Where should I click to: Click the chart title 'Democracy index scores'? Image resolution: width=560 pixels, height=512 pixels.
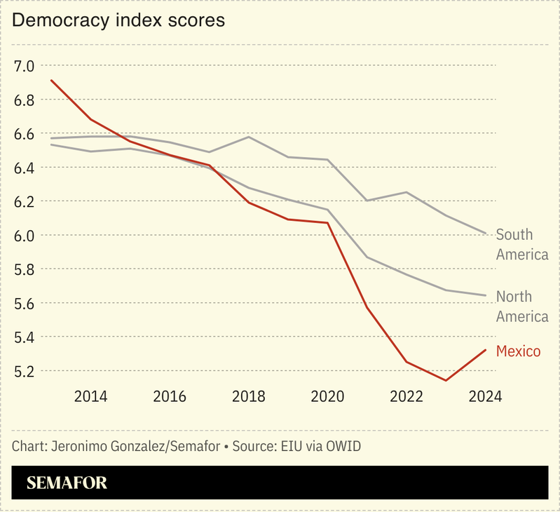click(118, 20)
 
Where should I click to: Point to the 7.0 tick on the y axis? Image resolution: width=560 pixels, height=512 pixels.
click(24, 67)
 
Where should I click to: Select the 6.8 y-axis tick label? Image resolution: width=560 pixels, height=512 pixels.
click(24, 100)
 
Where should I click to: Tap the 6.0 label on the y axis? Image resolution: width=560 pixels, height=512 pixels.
click(24, 236)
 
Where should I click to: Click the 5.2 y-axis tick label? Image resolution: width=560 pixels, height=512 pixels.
click(24, 371)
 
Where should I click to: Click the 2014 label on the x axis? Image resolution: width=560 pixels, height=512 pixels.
click(90, 396)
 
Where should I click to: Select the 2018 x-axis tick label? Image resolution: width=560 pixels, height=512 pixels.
click(249, 396)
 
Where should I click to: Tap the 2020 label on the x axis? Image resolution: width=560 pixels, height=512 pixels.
click(327, 396)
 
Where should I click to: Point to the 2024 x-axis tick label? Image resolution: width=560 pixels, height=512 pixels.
click(485, 396)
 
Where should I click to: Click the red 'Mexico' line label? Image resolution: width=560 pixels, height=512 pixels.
click(519, 351)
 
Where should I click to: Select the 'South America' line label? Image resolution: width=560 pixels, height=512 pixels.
click(521, 244)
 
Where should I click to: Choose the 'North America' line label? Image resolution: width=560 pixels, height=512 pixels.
click(521, 306)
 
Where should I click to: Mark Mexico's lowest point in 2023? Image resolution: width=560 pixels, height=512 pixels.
click(446, 381)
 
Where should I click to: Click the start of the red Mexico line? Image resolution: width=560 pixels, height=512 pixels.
click(51, 80)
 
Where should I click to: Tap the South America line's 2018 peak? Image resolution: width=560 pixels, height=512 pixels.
click(249, 137)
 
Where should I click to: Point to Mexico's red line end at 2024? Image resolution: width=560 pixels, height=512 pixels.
click(485, 350)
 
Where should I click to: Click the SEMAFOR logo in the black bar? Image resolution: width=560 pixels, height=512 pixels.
click(67, 483)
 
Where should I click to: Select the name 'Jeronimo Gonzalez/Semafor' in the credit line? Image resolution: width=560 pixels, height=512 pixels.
click(132, 447)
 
